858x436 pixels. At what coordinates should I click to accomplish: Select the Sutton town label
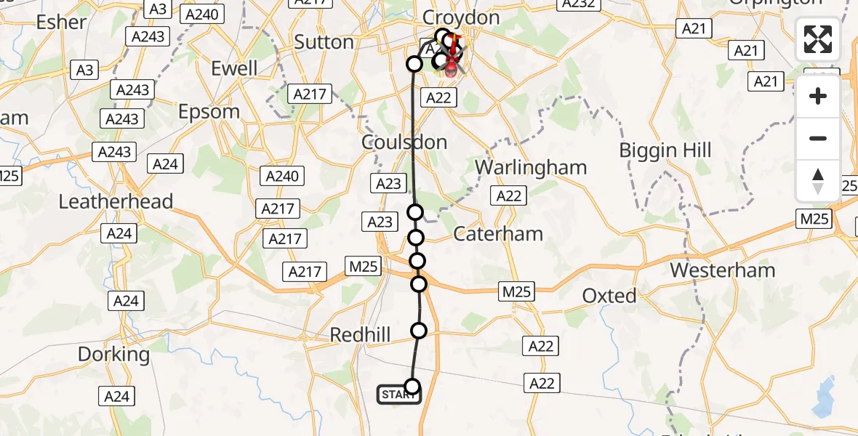[x=324, y=42]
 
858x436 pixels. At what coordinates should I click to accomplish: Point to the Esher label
[x=61, y=22]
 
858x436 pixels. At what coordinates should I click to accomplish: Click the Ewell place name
[x=234, y=68]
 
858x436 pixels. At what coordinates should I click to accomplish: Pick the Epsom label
[x=209, y=111]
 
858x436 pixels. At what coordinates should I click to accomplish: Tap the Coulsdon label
[x=404, y=142]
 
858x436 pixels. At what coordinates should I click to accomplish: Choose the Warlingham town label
[x=531, y=167]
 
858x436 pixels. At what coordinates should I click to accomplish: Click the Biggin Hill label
[x=665, y=150]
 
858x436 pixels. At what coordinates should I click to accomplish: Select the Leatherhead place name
[x=116, y=201]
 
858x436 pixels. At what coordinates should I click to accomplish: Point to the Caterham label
[x=498, y=234]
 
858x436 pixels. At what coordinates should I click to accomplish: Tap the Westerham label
[x=723, y=270]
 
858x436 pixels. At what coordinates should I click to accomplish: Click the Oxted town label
[x=609, y=296]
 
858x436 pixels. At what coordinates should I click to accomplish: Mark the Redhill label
[x=360, y=335]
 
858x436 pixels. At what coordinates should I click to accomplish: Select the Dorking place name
[x=113, y=355]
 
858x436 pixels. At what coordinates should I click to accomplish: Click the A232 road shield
[x=579, y=4]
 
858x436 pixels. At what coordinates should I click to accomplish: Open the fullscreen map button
[x=818, y=39]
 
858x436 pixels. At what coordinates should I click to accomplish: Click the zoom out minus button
[x=818, y=139]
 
